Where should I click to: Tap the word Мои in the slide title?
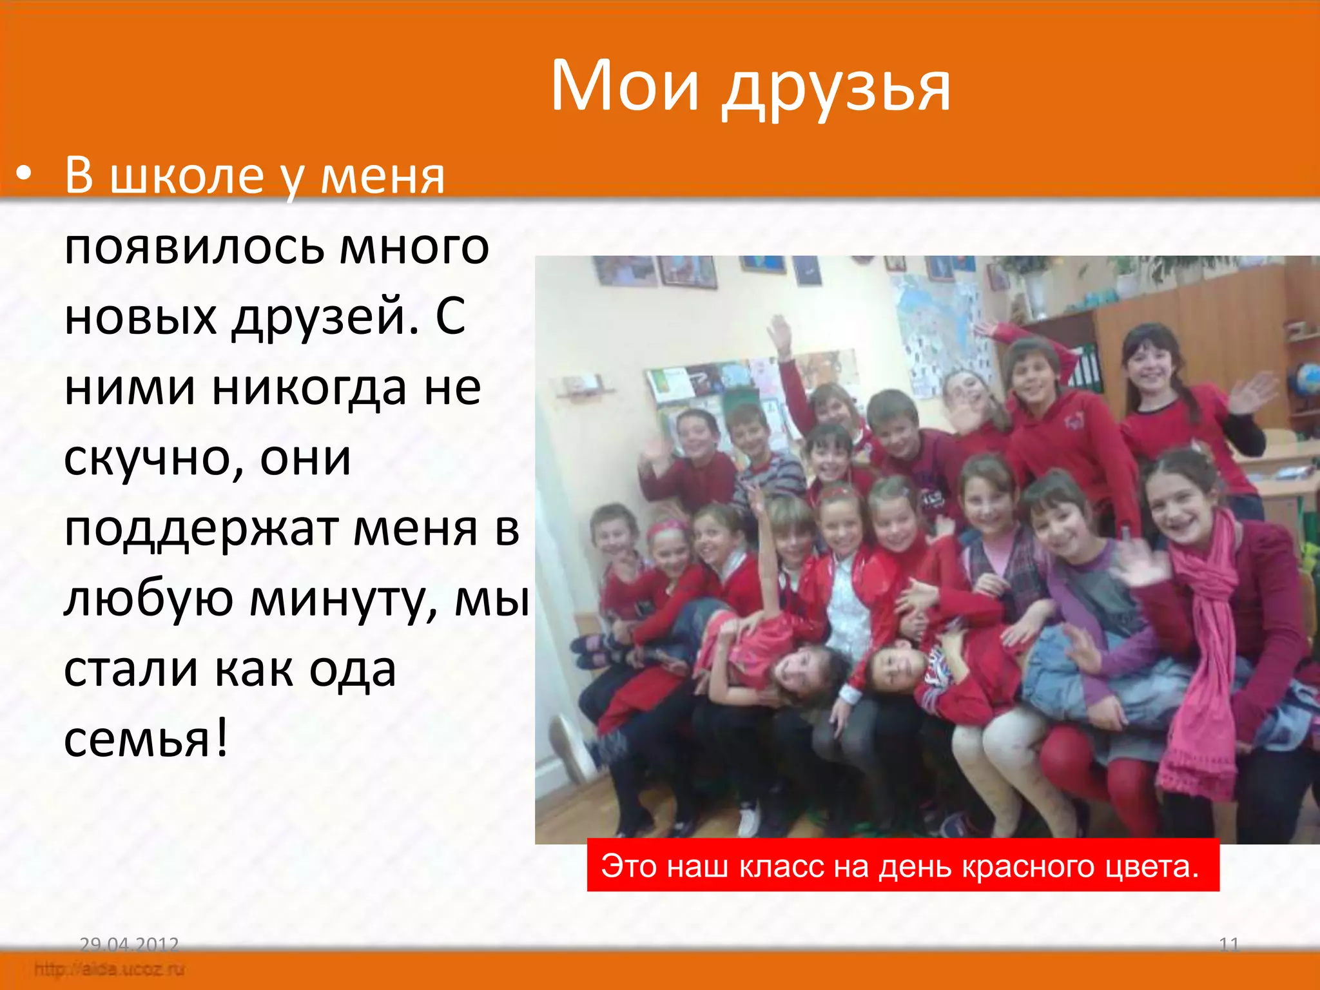tap(625, 86)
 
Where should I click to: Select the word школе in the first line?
tap(187, 175)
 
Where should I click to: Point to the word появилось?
tap(194, 247)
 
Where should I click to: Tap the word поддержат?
tap(201, 530)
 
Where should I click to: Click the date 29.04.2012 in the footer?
tap(129, 945)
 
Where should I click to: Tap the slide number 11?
tap(1229, 945)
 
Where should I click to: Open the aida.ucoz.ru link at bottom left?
tap(110, 969)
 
